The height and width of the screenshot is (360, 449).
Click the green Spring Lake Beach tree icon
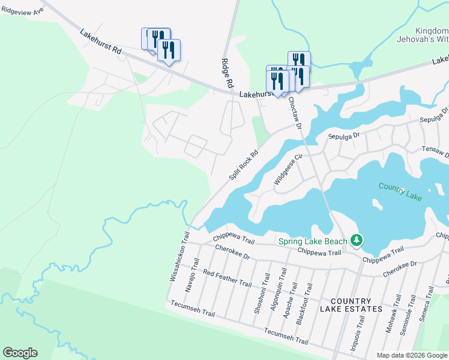tap(357, 241)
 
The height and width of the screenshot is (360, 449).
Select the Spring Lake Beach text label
tap(313, 242)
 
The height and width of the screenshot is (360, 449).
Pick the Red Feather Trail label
tap(227, 278)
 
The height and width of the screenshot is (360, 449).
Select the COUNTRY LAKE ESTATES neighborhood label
tap(351, 305)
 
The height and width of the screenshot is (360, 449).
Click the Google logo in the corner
tap(20, 353)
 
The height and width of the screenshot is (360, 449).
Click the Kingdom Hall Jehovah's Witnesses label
tap(432, 35)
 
